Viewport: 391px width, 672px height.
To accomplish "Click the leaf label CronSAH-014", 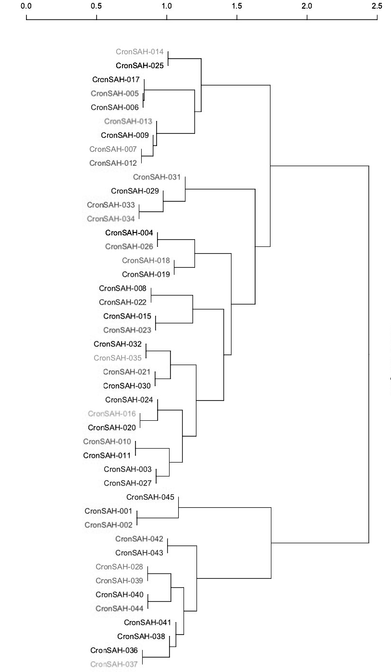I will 140,51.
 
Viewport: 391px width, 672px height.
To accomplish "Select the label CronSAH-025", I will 140,65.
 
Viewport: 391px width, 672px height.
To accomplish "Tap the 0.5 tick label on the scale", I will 97,6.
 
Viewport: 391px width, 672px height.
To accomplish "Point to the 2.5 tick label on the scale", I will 377,6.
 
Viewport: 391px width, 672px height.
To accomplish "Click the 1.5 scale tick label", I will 237,6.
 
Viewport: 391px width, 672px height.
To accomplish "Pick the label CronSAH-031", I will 157,177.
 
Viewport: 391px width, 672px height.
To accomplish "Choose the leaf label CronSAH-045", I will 150,498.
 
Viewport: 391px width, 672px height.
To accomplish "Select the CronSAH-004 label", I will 129,233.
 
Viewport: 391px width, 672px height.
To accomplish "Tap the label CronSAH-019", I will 146,275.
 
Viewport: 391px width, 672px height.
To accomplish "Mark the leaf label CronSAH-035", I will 118,358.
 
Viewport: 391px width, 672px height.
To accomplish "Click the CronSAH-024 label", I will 129,400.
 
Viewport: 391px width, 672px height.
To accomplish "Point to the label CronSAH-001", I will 109,512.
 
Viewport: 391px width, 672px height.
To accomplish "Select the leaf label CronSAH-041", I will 148,623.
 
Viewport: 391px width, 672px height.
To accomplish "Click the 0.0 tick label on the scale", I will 26,6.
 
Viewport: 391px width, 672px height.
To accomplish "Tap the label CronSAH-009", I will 125,135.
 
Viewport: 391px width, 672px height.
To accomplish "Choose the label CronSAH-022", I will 123,302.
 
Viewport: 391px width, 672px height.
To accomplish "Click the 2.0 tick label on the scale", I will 307,6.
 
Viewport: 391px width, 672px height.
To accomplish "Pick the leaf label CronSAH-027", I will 128,483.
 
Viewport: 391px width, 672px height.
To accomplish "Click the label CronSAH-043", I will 139,553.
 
